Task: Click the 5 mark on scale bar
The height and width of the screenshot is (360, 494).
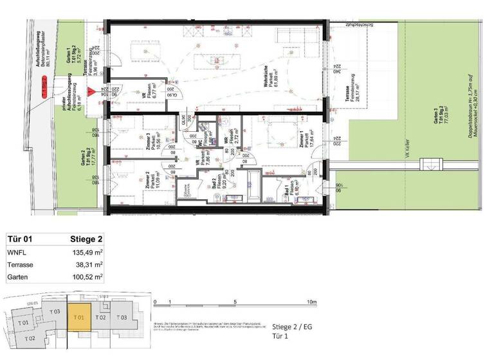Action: pos(235,301)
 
